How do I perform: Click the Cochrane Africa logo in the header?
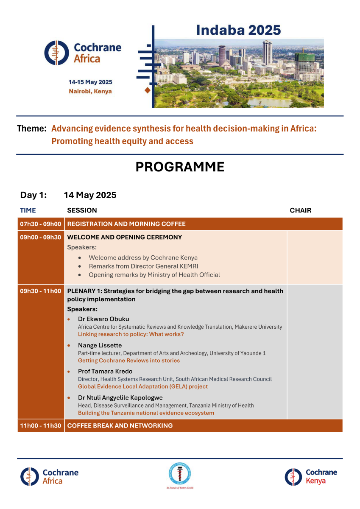[83, 53]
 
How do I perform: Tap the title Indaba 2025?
[238, 30]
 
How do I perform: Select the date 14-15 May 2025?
[90, 82]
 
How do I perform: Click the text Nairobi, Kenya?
[90, 91]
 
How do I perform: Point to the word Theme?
[31, 129]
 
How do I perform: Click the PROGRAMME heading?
[180, 167]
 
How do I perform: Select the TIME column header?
[28, 210]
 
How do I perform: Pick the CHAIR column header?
[300, 210]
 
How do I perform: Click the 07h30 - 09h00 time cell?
[41, 224]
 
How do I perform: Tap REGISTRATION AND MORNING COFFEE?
[126, 224]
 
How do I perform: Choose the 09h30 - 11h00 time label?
[41, 291]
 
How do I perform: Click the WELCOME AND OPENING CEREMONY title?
[125, 237]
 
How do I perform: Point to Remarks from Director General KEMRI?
[143, 266]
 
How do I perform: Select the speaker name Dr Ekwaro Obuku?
[103, 319]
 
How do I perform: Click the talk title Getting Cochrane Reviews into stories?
[129, 361]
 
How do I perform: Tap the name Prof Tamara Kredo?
[105, 372]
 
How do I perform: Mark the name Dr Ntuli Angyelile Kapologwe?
[120, 398]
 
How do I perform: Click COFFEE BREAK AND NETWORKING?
[120, 425]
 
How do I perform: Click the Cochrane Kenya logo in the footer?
[311, 476]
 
